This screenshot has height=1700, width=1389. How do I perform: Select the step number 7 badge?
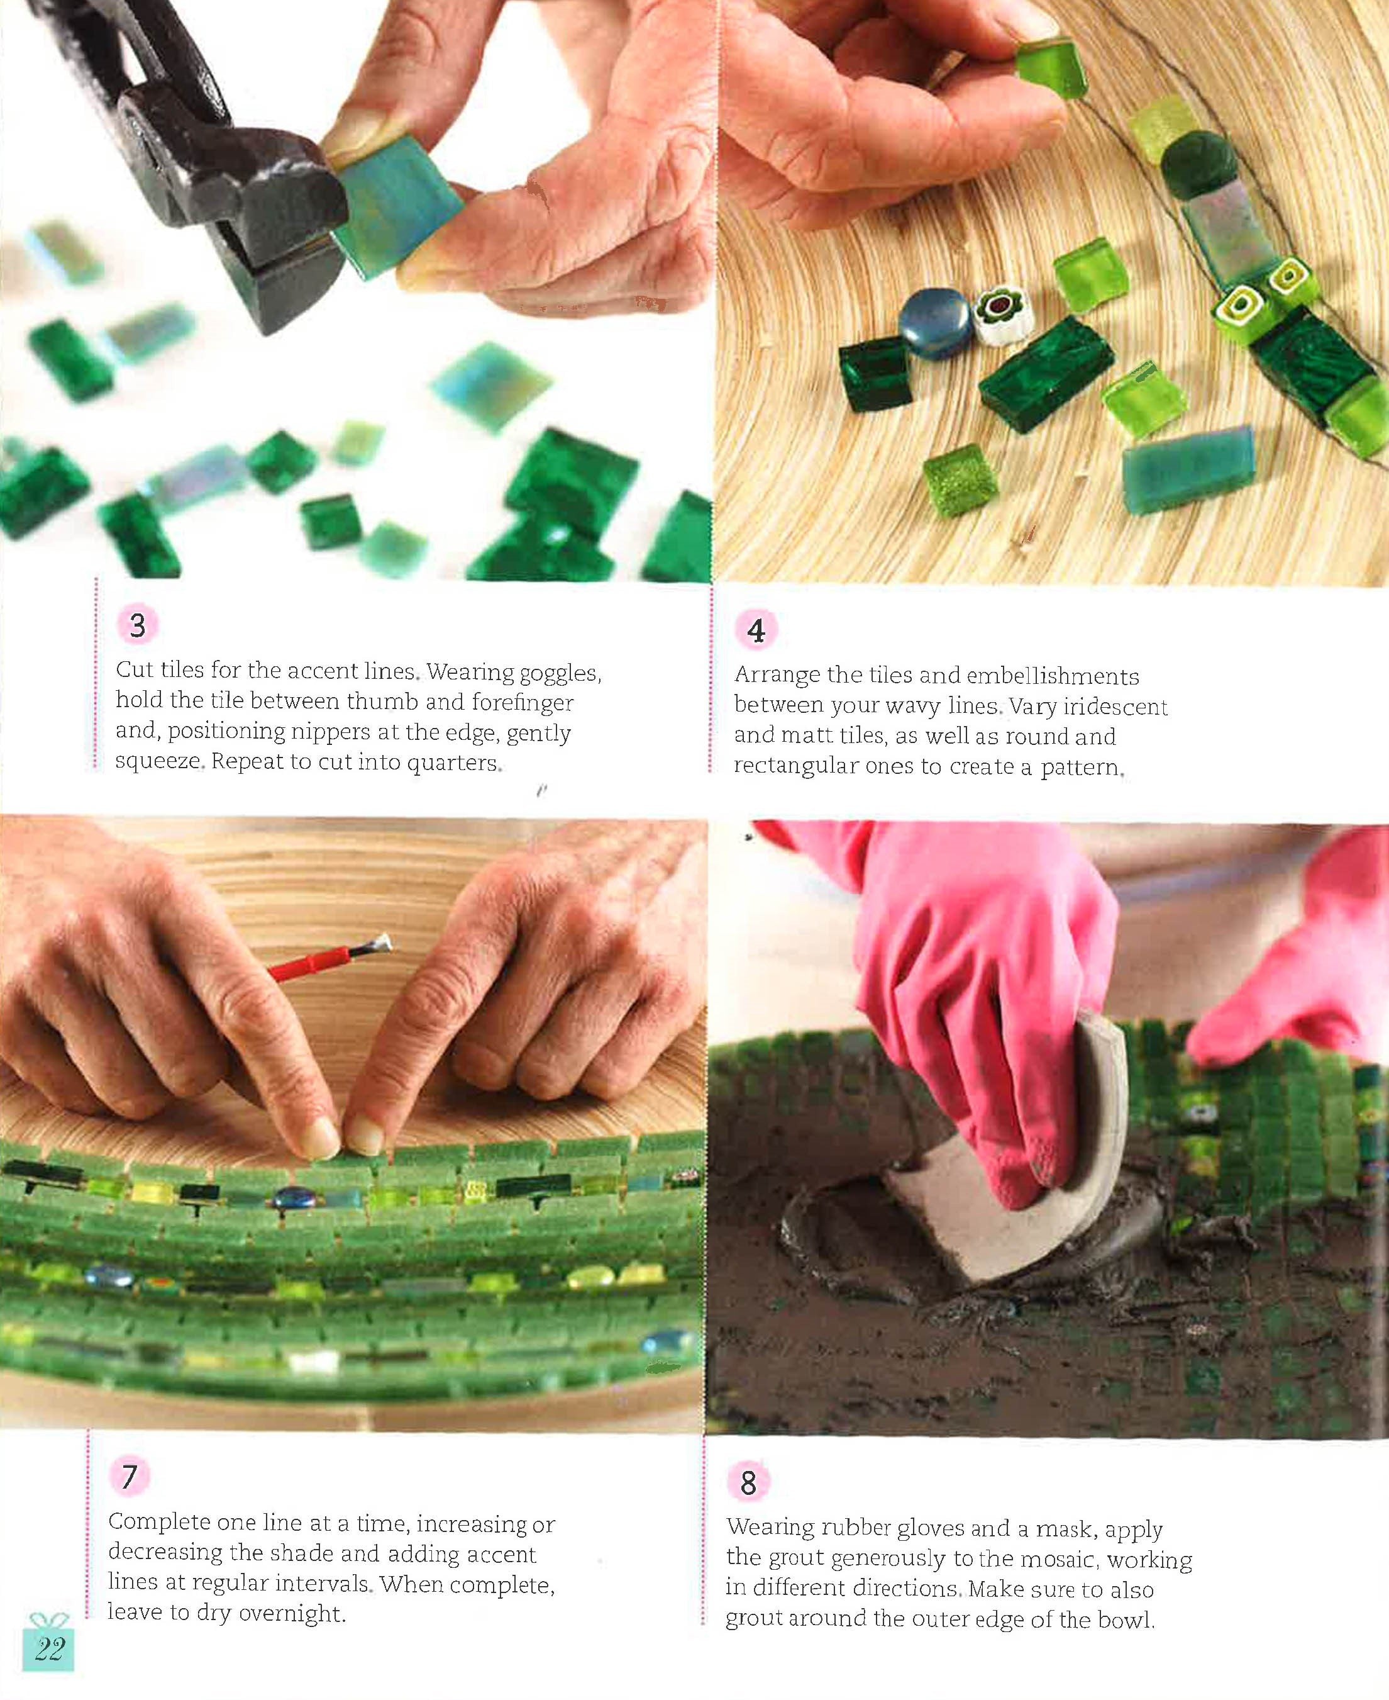(130, 1475)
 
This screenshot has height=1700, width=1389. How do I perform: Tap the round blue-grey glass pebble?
(934, 323)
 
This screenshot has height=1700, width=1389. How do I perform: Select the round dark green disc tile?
(1198, 164)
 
